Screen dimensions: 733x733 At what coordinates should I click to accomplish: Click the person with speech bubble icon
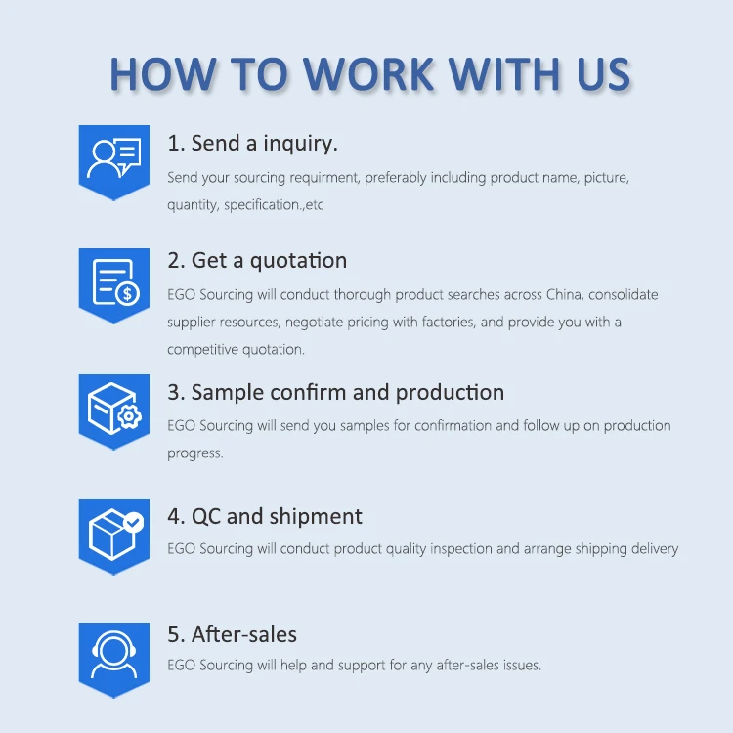(114, 157)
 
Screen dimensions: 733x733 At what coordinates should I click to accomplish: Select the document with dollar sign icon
(114, 281)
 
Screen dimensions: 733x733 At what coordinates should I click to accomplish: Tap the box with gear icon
(114, 408)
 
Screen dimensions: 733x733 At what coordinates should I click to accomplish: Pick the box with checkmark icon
(114, 533)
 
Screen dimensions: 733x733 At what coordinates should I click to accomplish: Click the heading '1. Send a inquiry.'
(252, 143)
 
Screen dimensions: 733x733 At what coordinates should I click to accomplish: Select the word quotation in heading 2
(298, 261)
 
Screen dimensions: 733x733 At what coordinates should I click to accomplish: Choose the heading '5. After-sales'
(232, 634)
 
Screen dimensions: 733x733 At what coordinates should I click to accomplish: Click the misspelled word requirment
(319, 178)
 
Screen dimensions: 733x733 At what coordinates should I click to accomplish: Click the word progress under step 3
(194, 453)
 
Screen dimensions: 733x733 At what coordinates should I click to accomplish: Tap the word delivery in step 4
(652, 549)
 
